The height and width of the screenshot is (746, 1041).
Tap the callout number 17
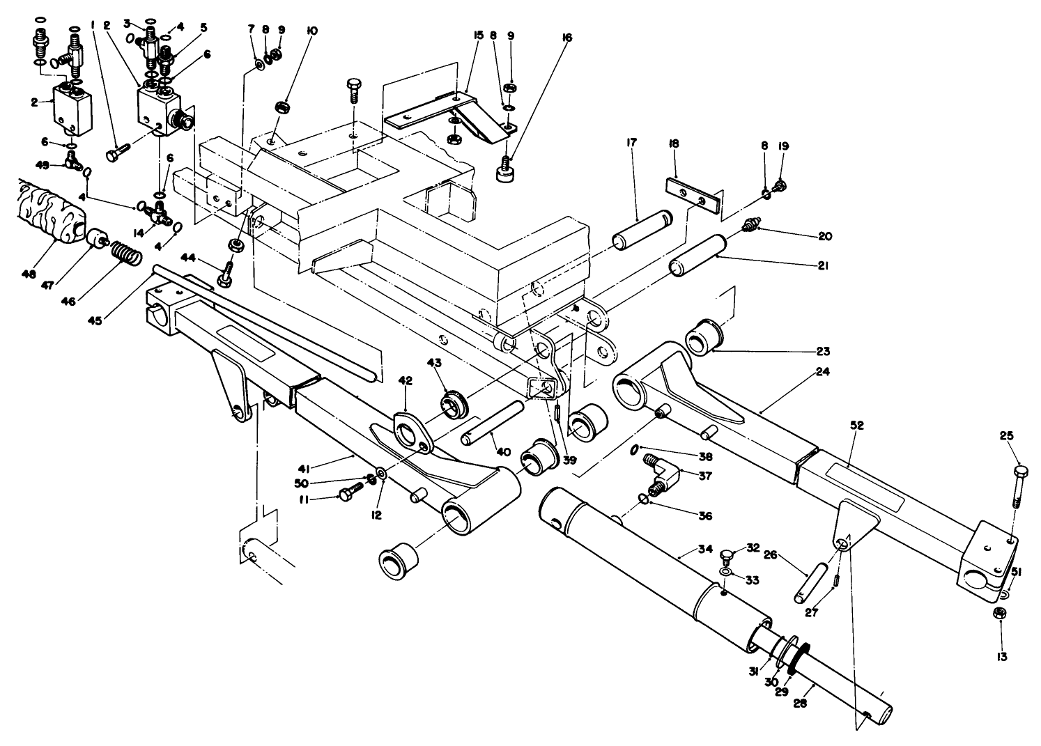pyautogui.click(x=631, y=143)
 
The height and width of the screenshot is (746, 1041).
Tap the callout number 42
pyautogui.click(x=406, y=380)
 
